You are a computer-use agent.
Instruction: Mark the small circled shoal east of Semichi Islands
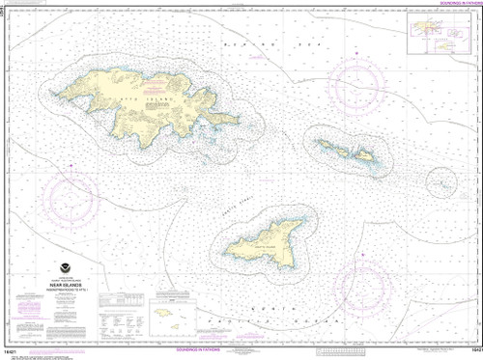[440, 179]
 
